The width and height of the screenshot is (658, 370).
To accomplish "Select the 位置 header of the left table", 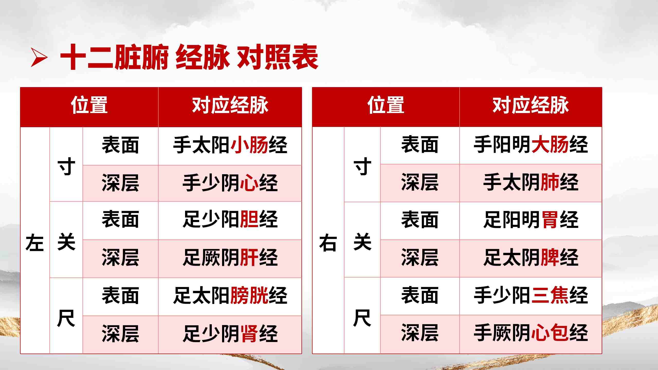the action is (89, 105).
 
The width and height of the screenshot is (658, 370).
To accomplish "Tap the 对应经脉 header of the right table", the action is (531, 105).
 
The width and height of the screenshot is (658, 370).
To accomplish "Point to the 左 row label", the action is (35, 242).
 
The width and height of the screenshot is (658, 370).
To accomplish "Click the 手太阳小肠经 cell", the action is (230, 145).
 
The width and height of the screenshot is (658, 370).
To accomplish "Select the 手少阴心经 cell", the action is (230, 183).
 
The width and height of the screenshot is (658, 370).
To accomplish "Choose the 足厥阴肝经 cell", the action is (230, 257).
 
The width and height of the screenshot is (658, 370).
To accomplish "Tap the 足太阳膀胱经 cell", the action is (230, 295).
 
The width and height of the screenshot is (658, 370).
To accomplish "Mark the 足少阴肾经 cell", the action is (230, 334).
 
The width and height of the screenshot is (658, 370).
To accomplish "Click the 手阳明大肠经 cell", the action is (531, 144).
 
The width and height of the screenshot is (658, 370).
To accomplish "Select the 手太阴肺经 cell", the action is (531, 182).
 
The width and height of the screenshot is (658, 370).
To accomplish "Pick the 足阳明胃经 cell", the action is (531, 219).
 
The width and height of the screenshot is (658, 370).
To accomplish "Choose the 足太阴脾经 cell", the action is (531, 257).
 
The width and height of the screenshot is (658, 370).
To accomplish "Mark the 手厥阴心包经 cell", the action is (531, 333).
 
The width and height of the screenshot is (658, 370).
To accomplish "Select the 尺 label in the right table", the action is (362, 318).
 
